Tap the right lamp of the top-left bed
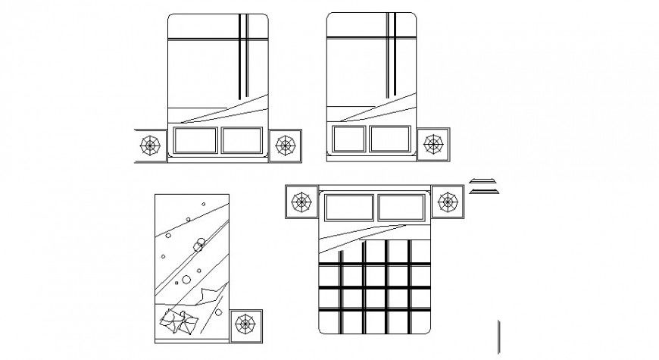tap(285, 144)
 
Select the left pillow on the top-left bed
tap(195, 141)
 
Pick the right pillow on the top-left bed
tap(244, 141)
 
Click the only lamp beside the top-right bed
tap(434, 144)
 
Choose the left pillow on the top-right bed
tap(348, 140)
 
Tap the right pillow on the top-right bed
tap(391, 140)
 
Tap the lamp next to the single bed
tap(245, 324)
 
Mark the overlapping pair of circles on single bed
tap(200, 245)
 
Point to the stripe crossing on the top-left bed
tap(243, 39)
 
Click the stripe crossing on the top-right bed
tap(391, 39)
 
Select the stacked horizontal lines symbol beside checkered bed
tap(484, 186)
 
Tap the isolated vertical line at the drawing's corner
tap(498, 337)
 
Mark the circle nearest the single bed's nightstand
tap(218, 312)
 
